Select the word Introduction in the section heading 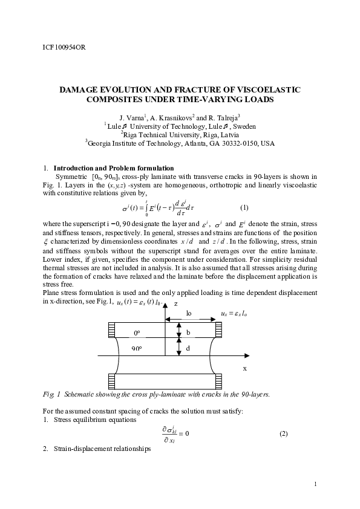click(x=76, y=168)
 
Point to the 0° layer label click(x=137, y=333)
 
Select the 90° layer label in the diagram click(x=137, y=349)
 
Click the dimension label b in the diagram click(x=188, y=332)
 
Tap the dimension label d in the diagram click(x=188, y=349)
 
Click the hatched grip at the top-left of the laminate click(x=111, y=329)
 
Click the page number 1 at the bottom click(x=316, y=485)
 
